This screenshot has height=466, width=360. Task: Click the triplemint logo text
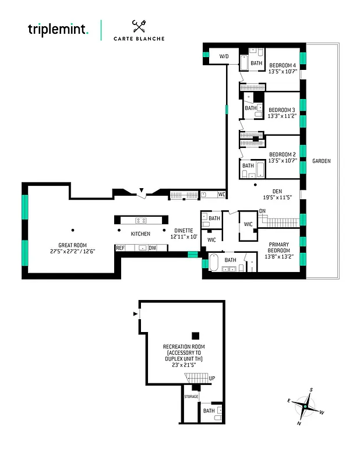tap(58, 29)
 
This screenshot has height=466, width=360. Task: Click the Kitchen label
tap(140, 234)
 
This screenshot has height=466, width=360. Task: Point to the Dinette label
tap(183, 234)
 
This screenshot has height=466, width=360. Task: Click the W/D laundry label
tap(224, 57)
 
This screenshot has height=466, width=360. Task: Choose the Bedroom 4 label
tap(283, 69)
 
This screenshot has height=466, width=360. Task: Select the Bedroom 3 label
tap(282, 112)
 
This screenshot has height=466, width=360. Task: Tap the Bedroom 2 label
tap(282, 157)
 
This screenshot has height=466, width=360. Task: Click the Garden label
tap(321, 161)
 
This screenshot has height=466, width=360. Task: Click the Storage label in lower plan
tap(192, 397)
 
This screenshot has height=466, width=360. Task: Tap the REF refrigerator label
tap(121, 248)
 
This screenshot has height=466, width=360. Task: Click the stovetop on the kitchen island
tap(140, 220)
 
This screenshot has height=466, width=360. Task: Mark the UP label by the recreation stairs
tap(212, 378)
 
